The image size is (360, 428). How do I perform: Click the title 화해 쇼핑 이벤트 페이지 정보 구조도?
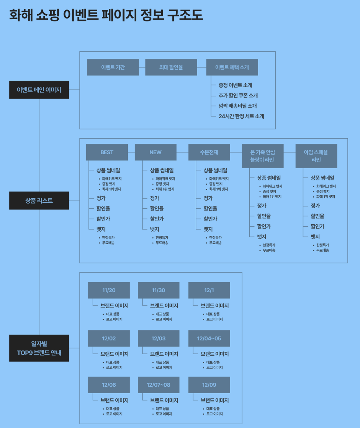(106, 15)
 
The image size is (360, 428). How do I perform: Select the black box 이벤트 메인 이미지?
(39, 90)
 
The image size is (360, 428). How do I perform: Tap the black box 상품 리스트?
(39, 201)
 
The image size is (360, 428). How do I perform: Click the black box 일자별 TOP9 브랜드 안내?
(39, 348)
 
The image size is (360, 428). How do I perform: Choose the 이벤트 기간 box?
(113, 67)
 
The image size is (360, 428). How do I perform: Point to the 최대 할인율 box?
(171, 67)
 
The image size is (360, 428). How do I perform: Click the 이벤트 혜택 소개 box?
(232, 67)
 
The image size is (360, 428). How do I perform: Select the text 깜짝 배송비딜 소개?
(237, 106)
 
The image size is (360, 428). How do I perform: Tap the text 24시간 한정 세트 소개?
(241, 116)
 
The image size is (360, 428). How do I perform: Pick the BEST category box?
(107, 152)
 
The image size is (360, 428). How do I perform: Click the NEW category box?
(155, 152)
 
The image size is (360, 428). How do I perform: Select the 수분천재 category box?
(209, 152)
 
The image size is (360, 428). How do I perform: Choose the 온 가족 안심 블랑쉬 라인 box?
(262, 156)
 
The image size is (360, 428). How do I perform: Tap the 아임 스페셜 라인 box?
(316, 156)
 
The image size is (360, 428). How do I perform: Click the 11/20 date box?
(109, 290)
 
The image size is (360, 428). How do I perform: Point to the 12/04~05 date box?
(209, 338)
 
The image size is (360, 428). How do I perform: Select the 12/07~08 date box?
(159, 385)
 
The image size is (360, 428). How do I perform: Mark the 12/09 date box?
(209, 385)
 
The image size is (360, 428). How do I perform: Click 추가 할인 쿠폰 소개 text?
(238, 96)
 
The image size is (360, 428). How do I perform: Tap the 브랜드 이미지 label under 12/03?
(164, 354)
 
